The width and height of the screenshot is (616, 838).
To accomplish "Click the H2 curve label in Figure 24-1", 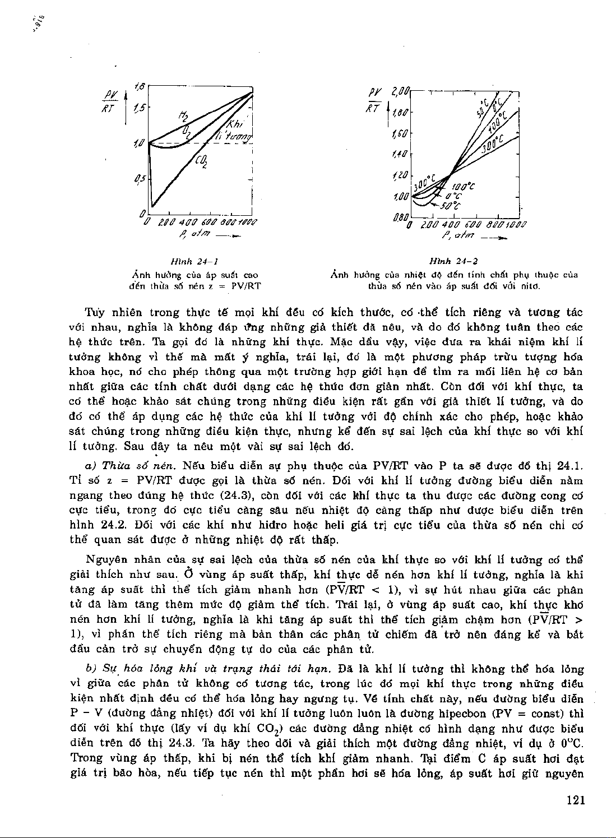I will (x=183, y=116).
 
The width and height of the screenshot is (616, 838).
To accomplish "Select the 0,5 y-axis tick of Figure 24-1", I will (x=139, y=179).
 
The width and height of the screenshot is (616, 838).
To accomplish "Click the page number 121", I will (x=576, y=800).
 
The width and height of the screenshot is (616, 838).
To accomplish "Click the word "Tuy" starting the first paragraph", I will (x=94, y=313).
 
